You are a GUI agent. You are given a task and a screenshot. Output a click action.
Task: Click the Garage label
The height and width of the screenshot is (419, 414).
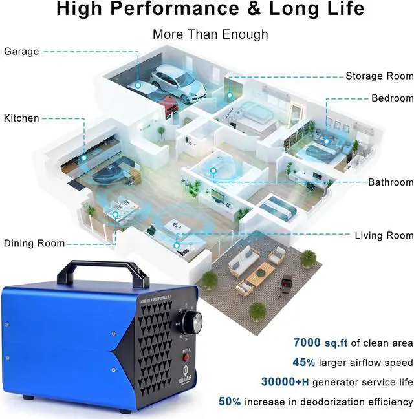point(21,51)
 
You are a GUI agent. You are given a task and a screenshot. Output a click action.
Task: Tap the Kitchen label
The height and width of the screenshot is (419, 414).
point(21,118)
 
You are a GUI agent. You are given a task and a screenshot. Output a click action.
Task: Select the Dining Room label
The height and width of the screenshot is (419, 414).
point(34,243)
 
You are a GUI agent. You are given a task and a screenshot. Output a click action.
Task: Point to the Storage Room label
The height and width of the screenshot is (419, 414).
point(379,76)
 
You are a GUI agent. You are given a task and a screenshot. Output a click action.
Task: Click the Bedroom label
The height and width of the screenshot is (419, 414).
point(392,98)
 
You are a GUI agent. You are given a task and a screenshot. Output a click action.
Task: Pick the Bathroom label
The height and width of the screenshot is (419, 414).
point(391,182)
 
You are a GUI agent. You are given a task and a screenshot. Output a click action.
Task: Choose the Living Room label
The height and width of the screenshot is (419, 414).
point(384,235)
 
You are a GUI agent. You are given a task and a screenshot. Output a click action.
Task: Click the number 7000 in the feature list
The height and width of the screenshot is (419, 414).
point(311,343)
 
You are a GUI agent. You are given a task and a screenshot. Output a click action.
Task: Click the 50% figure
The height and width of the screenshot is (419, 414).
point(230,401)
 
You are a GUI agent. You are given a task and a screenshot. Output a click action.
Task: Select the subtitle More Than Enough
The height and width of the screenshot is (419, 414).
point(210,34)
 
